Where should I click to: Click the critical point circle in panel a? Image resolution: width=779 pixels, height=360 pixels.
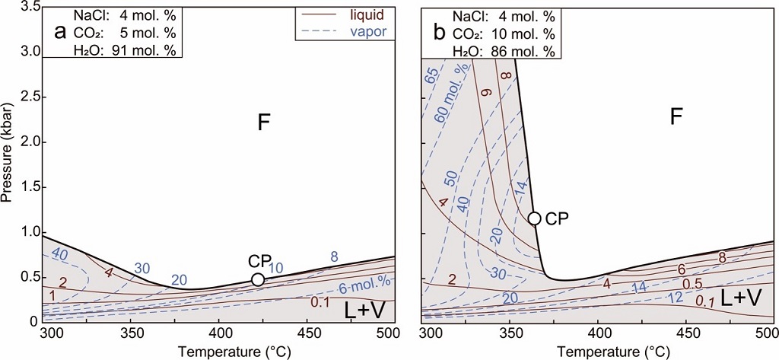coord(258,279)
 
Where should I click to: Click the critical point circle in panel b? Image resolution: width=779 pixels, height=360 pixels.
coord(534,218)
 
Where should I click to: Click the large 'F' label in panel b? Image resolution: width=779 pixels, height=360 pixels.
coord(676,117)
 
